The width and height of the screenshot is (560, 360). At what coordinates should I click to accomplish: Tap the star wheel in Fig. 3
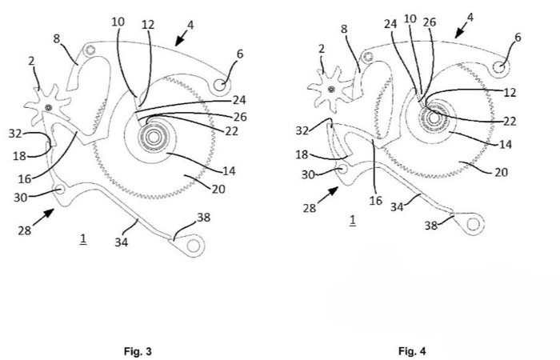coord(49,107)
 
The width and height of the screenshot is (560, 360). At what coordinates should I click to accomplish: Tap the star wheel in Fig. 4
coord(330,82)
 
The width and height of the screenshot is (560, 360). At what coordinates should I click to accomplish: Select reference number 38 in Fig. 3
coord(203,217)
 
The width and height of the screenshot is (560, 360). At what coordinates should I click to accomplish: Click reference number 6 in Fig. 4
coord(518,38)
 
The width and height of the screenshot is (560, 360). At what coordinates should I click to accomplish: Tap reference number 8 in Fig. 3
coord(58,38)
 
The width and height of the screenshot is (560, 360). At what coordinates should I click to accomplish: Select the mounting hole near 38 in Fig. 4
coord(473,224)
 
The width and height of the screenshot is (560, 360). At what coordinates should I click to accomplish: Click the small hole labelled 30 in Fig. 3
coord(62,190)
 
